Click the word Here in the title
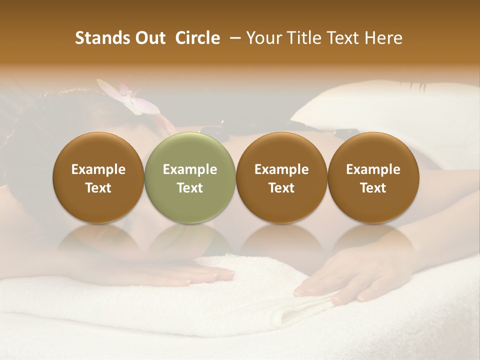point(383,38)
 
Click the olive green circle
point(190,177)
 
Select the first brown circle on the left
point(98,177)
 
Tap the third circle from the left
point(281,177)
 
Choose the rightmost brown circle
point(373,177)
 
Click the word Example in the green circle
point(190,169)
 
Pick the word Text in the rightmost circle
point(373,188)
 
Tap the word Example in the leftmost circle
point(98,169)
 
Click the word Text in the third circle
point(281,188)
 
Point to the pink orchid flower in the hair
point(131,98)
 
